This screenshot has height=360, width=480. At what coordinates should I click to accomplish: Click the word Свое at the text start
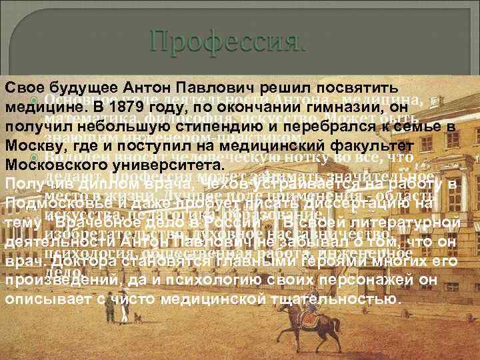(x=23, y=89)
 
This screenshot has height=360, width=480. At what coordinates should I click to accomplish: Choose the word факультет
(x=370, y=145)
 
